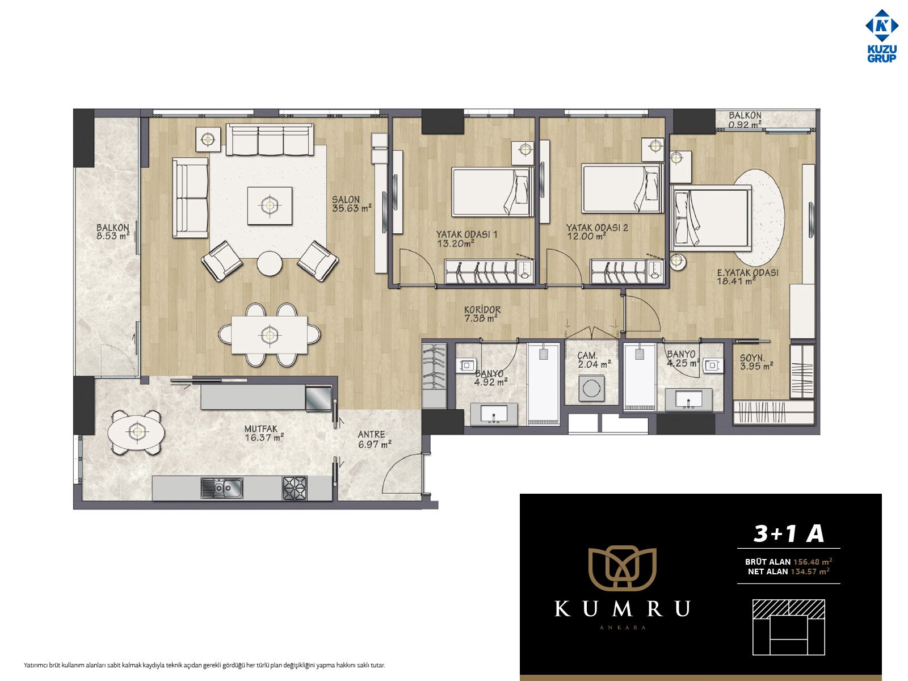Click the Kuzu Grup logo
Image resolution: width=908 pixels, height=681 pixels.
point(881,36)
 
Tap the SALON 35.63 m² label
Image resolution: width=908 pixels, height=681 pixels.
point(351,204)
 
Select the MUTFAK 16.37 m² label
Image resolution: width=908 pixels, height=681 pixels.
point(263,434)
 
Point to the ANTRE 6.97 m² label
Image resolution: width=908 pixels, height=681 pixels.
point(374,439)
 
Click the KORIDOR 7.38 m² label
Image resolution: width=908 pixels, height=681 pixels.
point(482,314)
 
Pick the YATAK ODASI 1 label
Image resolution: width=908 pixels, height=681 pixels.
point(466,234)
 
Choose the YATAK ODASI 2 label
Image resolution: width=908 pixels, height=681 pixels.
point(597,228)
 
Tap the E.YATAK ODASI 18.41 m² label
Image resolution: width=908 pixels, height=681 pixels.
point(747,277)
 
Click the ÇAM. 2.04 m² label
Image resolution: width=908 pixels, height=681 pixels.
point(594,360)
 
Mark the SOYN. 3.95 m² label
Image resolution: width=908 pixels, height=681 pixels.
point(756,362)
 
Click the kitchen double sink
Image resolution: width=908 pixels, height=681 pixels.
point(222,488)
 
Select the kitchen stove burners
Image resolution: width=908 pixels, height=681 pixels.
point(295,488)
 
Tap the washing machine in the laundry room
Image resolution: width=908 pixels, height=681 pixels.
point(591,388)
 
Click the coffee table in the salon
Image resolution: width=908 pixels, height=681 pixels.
point(270,205)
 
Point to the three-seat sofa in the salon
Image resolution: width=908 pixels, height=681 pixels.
point(270,140)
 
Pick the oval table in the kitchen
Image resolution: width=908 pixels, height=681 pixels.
point(136,432)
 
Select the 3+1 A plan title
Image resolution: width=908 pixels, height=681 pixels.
point(788,533)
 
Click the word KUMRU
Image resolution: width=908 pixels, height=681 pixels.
point(622,608)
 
